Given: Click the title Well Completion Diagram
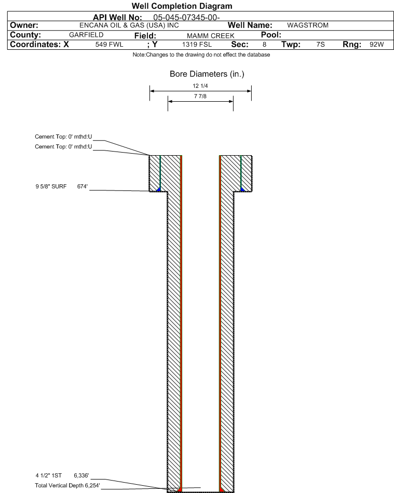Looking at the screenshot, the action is (x=182, y=6).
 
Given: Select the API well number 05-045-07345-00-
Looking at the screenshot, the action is (x=186, y=18).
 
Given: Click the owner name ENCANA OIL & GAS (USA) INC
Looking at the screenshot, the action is (x=129, y=25).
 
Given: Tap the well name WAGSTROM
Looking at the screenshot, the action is (x=307, y=25).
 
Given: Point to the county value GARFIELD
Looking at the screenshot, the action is (x=86, y=35).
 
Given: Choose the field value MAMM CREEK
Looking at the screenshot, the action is (x=210, y=36).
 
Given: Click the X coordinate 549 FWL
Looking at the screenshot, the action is (x=109, y=44).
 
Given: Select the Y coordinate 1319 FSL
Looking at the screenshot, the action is (x=197, y=44).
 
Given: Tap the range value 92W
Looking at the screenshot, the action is (x=376, y=44).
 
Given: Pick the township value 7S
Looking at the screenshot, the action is (x=320, y=44).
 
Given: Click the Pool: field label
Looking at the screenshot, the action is (x=271, y=35).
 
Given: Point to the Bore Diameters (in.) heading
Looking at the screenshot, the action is (x=207, y=74).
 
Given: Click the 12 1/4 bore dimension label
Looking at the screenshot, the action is (x=200, y=86).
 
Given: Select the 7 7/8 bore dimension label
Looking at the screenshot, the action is (x=200, y=96).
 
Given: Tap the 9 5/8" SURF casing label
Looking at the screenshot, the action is (x=51, y=186).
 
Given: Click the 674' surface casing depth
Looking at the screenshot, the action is (x=83, y=186).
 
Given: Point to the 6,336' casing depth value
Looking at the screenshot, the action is (x=81, y=475).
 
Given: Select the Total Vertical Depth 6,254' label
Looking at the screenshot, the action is (x=67, y=485).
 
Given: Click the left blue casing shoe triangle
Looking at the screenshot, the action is (x=159, y=189).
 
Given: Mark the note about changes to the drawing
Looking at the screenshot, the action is (x=201, y=54).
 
